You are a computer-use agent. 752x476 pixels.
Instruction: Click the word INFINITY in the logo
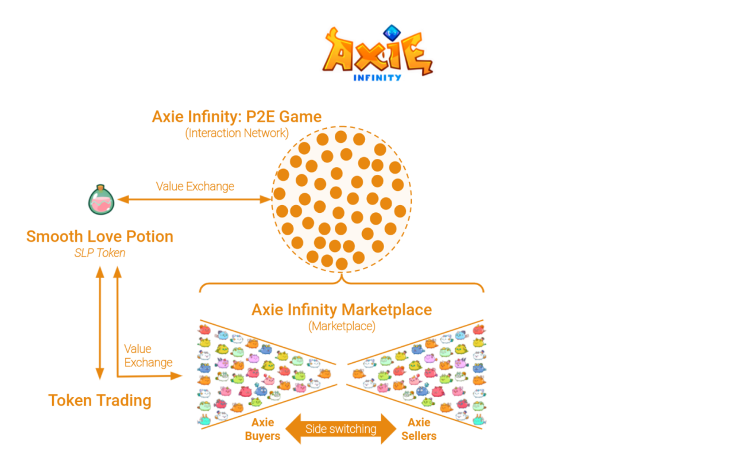click(377, 77)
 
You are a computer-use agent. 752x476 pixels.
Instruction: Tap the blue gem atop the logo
click(391, 32)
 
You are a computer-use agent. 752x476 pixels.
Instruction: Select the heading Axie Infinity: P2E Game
click(236, 116)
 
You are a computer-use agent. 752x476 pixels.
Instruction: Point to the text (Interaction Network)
click(236, 133)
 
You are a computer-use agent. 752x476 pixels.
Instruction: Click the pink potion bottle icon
click(101, 200)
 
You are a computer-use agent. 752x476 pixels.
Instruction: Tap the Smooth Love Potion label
click(100, 237)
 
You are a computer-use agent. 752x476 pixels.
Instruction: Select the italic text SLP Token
click(100, 253)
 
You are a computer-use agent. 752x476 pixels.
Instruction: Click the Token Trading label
click(100, 401)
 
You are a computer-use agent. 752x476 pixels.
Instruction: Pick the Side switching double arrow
click(341, 429)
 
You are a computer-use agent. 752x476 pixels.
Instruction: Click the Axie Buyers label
click(263, 429)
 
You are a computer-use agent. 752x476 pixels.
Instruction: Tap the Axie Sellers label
click(419, 429)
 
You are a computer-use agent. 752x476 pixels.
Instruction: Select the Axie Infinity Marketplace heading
click(341, 309)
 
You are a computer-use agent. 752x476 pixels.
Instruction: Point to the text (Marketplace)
click(341, 325)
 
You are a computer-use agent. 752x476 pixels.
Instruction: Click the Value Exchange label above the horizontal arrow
click(195, 186)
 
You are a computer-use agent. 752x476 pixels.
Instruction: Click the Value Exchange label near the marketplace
click(148, 356)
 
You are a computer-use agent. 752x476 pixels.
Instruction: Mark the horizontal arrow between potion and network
click(194, 200)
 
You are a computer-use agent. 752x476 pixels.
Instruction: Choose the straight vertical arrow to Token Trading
click(100, 323)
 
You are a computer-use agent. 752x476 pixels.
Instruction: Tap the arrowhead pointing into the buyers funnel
click(177, 375)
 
